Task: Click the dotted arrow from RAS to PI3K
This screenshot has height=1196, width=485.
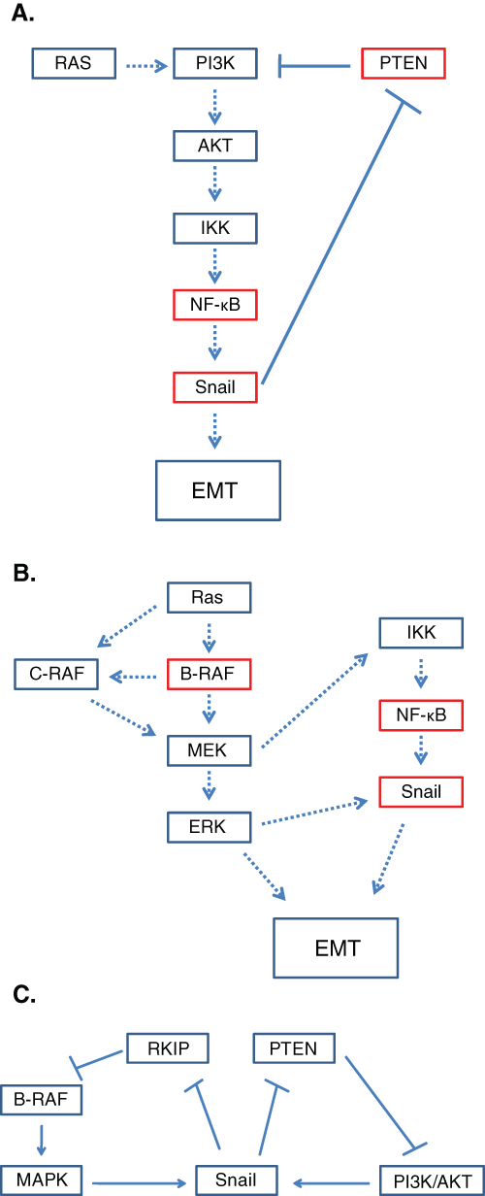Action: [x=146, y=66]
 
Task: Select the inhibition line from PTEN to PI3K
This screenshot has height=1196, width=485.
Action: [x=314, y=66]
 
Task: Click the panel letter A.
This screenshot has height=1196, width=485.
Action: [x=23, y=14]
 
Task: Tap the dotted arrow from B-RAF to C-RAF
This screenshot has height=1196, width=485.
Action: [x=133, y=677]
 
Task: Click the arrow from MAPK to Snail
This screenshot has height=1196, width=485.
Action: [x=140, y=1183]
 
